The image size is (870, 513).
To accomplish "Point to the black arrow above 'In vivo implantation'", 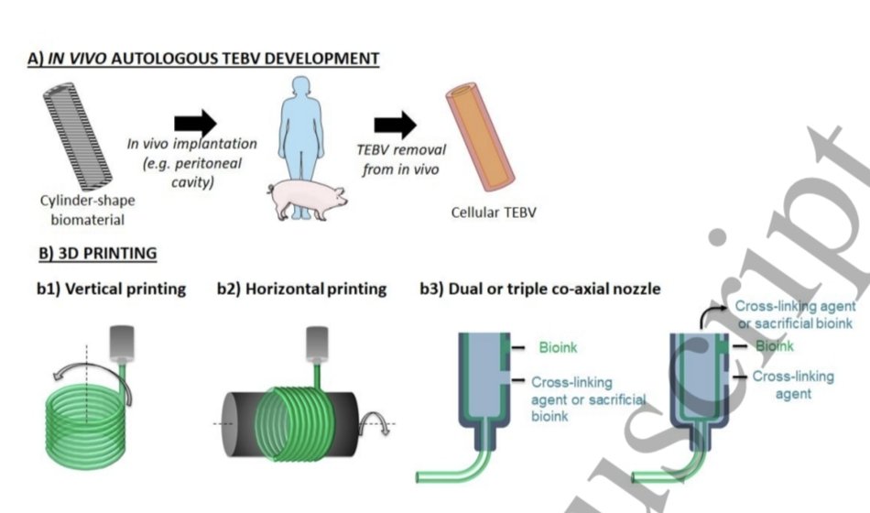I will [195, 122].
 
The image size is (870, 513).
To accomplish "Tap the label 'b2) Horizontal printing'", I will [302, 289].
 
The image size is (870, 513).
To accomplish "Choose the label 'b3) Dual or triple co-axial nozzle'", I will [540, 289].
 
